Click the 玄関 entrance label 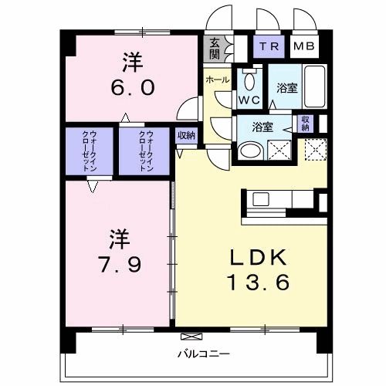click(213, 49)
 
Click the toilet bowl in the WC click(249, 81)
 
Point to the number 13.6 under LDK click(257, 283)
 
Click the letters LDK click(257, 258)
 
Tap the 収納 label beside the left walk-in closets click(186, 135)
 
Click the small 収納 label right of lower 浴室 click(306, 124)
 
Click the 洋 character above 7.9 click(117, 232)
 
